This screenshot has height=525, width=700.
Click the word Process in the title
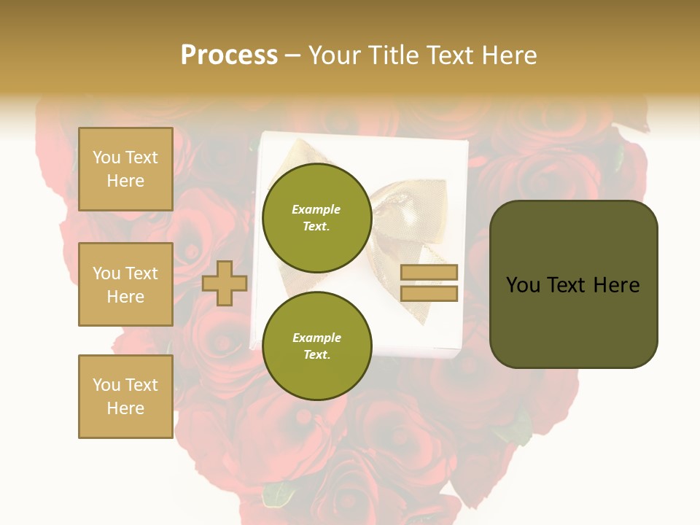(229, 55)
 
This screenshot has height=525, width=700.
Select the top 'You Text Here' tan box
(125, 169)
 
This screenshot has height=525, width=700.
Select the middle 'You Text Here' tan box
(125, 284)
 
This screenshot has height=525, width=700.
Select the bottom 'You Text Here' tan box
(125, 396)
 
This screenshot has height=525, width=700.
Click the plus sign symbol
(225, 284)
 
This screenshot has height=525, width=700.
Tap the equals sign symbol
(429, 283)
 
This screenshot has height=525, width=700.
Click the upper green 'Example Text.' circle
(316, 217)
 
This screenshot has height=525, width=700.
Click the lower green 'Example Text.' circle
(316, 346)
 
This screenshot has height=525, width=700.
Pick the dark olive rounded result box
(573, 284)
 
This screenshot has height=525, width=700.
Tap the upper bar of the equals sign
(429, 273)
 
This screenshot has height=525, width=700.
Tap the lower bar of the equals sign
(429, 293)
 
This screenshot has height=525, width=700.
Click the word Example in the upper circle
(316, 209)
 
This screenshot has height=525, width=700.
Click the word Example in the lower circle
(316, 338)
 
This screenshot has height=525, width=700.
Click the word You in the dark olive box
(523, 285)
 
